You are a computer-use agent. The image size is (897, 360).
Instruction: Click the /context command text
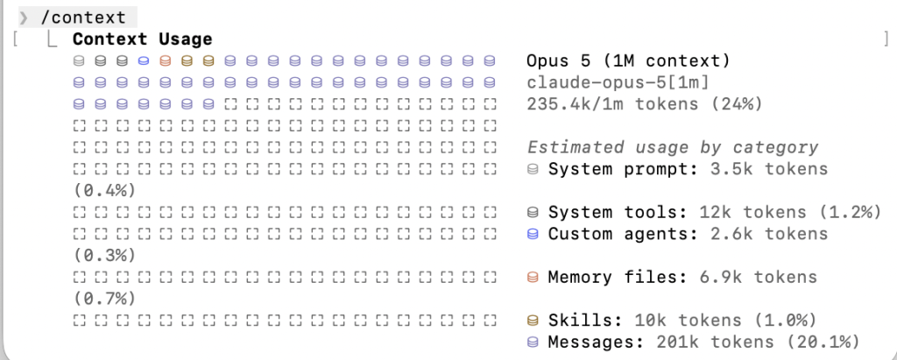point(83,18)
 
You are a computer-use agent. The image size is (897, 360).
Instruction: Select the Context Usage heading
point(143,39)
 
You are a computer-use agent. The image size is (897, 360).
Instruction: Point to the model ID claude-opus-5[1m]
point(618,82)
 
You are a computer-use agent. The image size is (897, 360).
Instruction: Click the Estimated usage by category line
point(672,148)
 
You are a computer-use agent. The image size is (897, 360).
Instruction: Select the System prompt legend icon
point(533,169)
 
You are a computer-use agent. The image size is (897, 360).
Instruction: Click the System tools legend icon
point(533,213)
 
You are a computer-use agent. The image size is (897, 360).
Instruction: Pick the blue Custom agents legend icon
point(533,234)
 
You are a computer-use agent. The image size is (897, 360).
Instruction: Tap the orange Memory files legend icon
point(533,278)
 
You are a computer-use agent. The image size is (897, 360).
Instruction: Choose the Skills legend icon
point(533,321)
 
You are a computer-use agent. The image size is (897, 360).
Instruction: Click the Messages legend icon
point(533,342)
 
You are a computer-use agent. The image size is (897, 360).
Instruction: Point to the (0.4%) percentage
point(105,191)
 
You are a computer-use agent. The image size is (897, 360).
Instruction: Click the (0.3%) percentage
point(105,255)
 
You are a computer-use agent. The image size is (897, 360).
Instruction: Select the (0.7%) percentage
point(105,299)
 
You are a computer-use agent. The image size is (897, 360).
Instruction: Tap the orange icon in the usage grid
point(166,60)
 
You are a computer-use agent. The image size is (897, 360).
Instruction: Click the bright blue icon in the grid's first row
point(144,60)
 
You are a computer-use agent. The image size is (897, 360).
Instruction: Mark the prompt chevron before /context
point(24,18)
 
